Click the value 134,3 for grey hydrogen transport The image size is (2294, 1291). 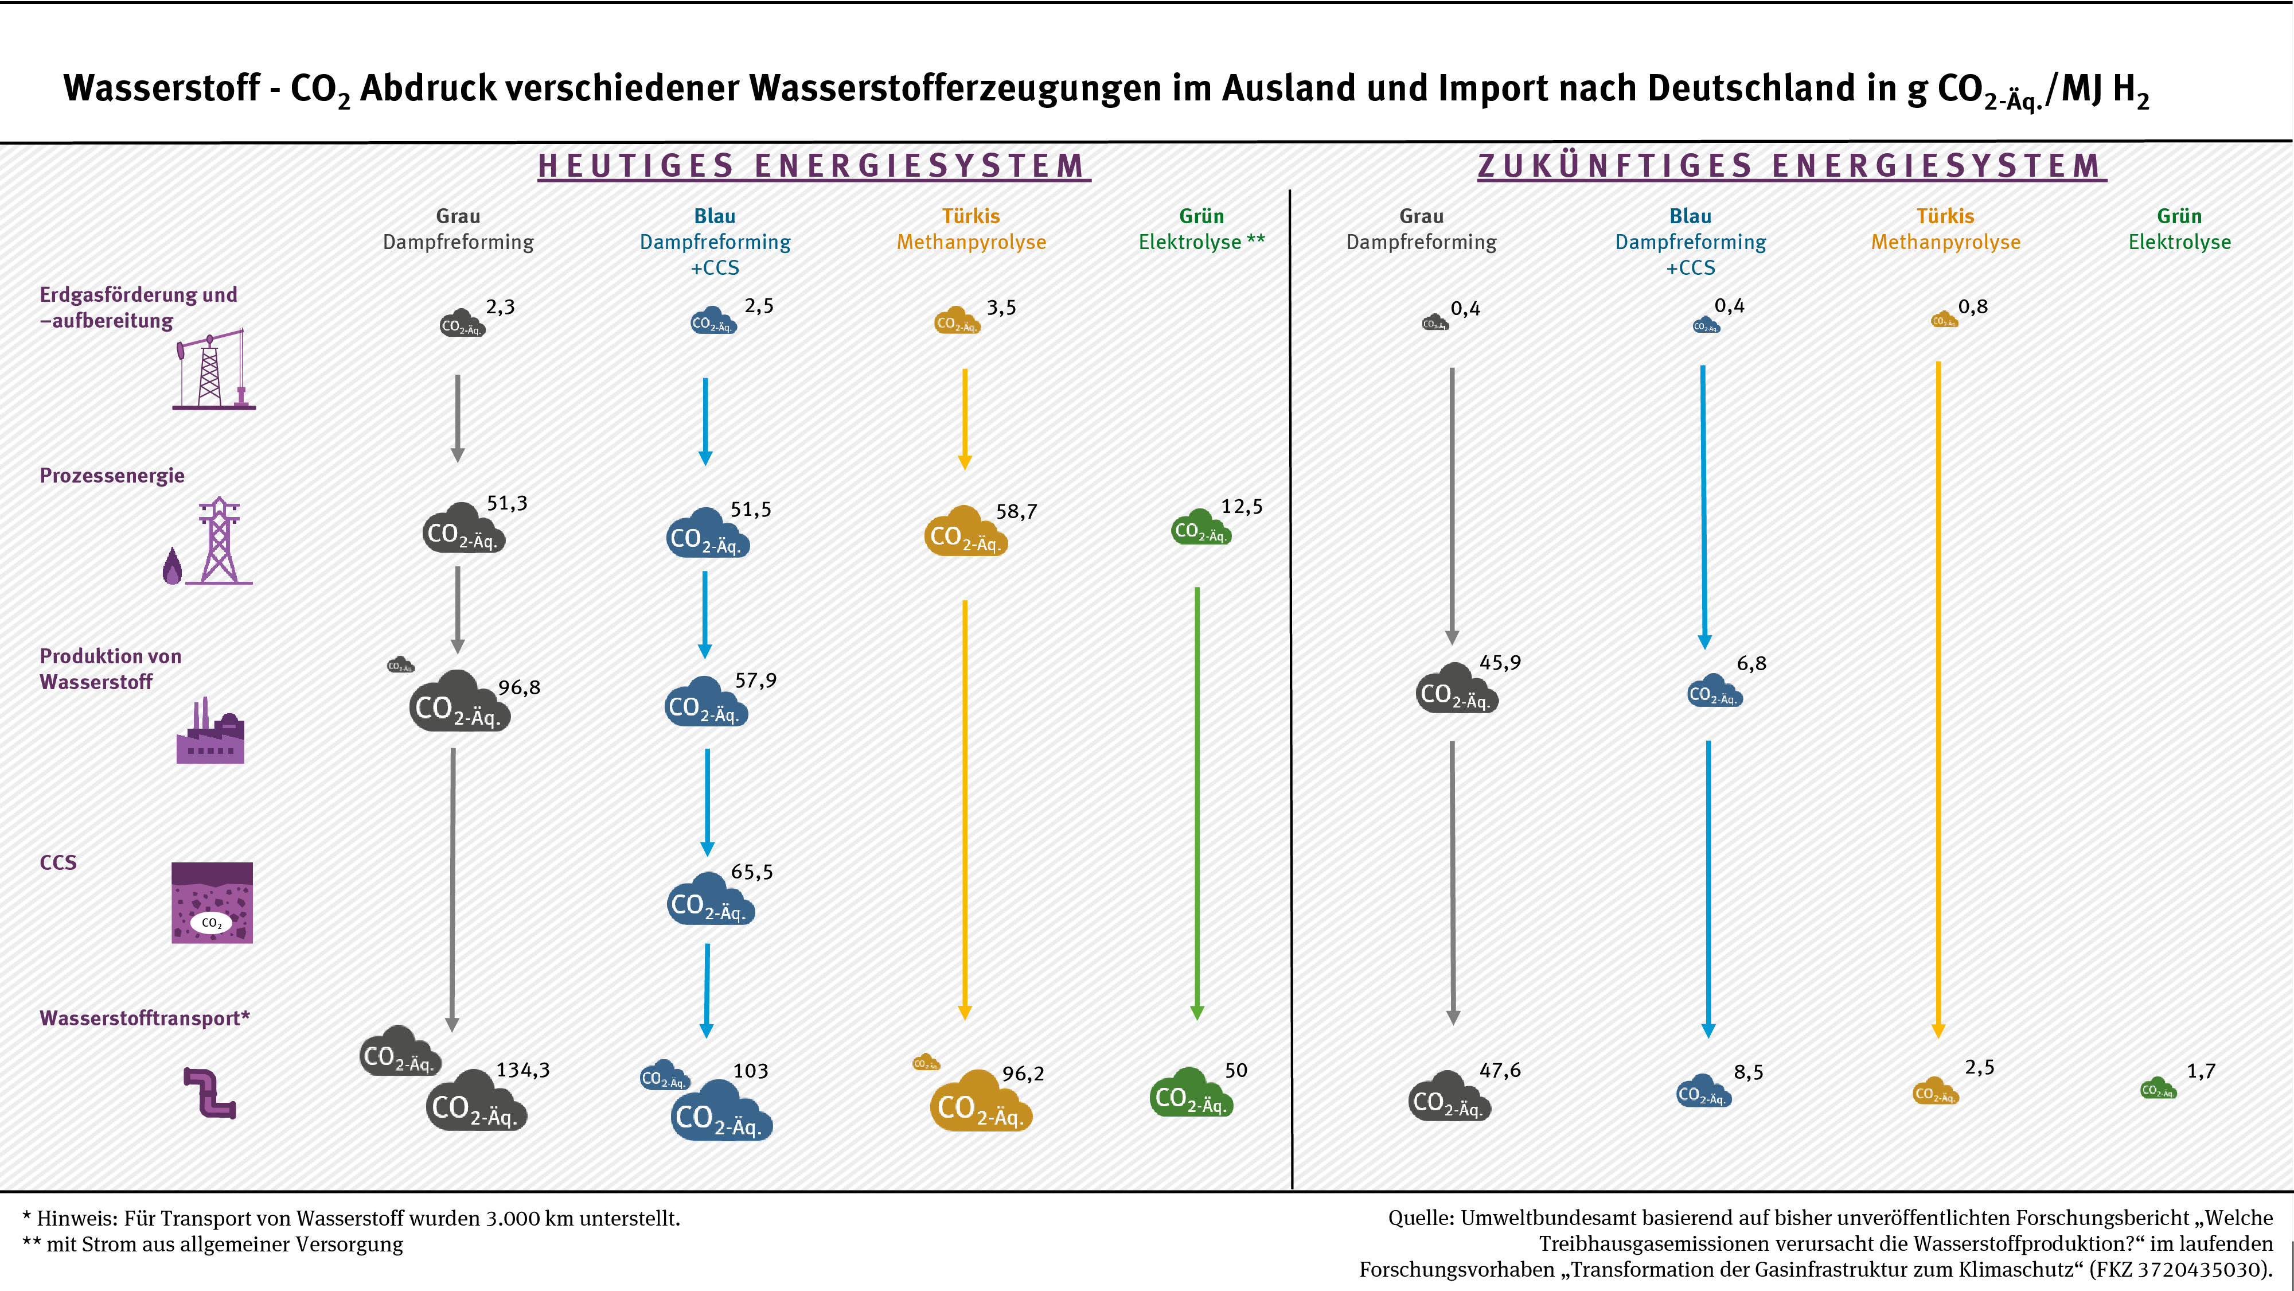522,1070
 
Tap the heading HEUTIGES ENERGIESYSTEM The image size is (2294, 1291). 813,166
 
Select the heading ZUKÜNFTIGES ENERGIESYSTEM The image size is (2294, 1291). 1791,166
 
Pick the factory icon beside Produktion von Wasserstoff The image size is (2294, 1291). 210,732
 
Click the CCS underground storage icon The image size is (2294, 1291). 212,903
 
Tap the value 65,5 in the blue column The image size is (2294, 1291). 752,872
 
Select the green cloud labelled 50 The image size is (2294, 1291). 1191,1094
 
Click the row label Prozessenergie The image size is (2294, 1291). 112,476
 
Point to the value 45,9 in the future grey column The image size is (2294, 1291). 1500,663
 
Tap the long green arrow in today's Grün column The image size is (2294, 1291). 1197,802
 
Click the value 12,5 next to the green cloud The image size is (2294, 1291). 1242,507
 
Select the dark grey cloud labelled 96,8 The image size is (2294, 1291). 459,703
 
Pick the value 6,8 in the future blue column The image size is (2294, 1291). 1751,664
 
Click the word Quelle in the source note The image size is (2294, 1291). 1421,1218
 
